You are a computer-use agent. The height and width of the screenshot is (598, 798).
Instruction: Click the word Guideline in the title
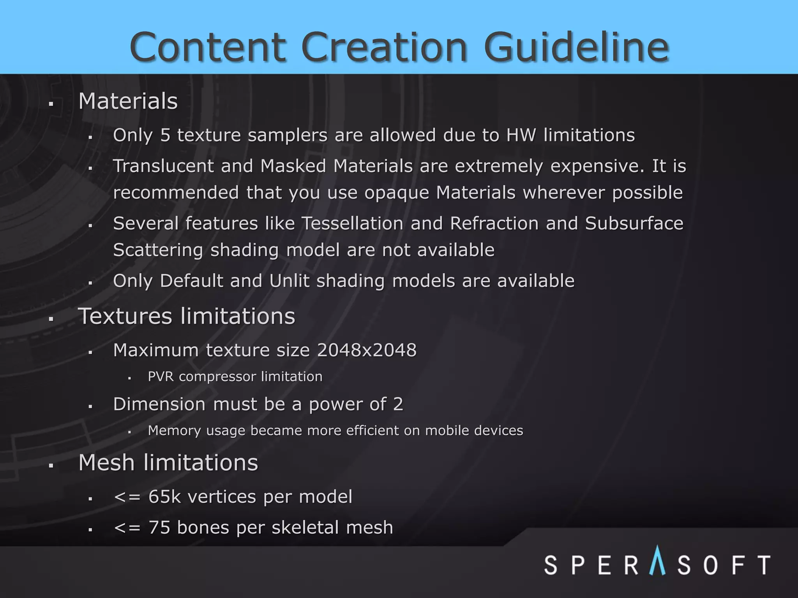pyautogui.click(x=577, y=47)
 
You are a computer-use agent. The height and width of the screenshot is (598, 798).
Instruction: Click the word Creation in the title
pyautogui.click(x=384, y=47)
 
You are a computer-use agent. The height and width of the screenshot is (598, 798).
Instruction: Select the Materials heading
pyautogui.click(x=128, y=101)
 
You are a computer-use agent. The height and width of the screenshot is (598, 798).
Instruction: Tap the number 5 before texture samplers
pyautogui.click(x=166, y=135)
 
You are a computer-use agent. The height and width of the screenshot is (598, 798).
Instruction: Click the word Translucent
pyautogui.click(x=163, y=166)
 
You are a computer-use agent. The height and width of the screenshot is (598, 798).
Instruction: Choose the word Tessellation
pyautogui.click(x=353, y=223)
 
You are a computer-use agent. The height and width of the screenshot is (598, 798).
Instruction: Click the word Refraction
pyautogui.click(x=494, y=223)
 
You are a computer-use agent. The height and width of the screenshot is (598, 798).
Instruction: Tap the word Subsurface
pyautogui.click(x=634, y=223)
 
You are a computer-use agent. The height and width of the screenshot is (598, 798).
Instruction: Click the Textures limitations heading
pyautogui.click(x=187, y=316)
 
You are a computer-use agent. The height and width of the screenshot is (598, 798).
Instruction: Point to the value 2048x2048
pyautogui.click(x=367, y=350)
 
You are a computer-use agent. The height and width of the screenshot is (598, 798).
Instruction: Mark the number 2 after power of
pyautogui.click(x=398, y=404)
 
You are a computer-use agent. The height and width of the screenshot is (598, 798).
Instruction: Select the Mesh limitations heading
pyautogui.click(x=168, y=463)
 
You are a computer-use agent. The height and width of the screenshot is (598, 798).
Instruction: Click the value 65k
pyautogui.click(x=165, y=497)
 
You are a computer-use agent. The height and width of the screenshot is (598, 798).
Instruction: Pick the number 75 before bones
pyautogui.click(x=159, y=528)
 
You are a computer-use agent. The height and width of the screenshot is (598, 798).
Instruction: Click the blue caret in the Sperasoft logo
pyautogui.click(x=657, y=561)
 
